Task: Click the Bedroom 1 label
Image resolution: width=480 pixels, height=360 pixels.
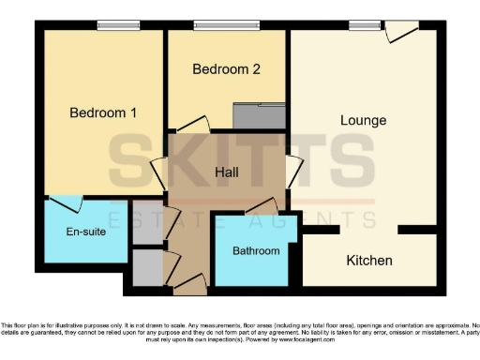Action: point(103,113)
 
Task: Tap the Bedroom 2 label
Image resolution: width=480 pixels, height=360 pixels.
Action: point(226,69)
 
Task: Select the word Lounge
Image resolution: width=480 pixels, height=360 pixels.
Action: point(363,121)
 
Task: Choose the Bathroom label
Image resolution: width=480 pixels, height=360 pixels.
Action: point(256,251)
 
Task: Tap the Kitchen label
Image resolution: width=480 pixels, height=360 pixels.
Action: point(369,261)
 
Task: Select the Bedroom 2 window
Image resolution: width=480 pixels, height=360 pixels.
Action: point(226,26)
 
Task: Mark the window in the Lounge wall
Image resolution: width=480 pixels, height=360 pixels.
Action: point(362,26)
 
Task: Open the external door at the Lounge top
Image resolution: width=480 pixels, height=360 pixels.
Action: point(400,32)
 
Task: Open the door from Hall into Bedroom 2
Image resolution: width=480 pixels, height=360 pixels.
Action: point(192,125)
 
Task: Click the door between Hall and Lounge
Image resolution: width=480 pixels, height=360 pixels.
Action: point(294,172)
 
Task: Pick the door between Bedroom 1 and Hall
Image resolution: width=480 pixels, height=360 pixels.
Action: point(159,174)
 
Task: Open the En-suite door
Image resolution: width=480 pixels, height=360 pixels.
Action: point(66,203)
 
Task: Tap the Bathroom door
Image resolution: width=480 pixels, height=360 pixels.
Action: point(261,207)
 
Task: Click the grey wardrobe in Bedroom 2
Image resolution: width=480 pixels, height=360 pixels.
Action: point(260,116)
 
